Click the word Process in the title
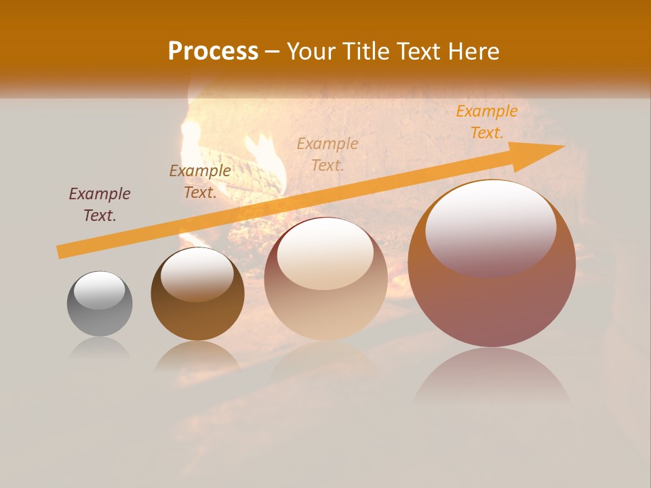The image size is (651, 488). (x=213, y=52)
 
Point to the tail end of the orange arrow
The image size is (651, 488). (x=62, y=251)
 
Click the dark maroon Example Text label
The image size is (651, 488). (x=100, y=205)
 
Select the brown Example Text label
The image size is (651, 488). (x=200, y=182)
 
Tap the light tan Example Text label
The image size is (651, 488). (x=328, y=154)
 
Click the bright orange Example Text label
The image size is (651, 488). (x=487, y=122)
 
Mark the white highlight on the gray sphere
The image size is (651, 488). (x=100, y=290)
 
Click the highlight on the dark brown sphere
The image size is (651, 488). (x=197, y=275)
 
